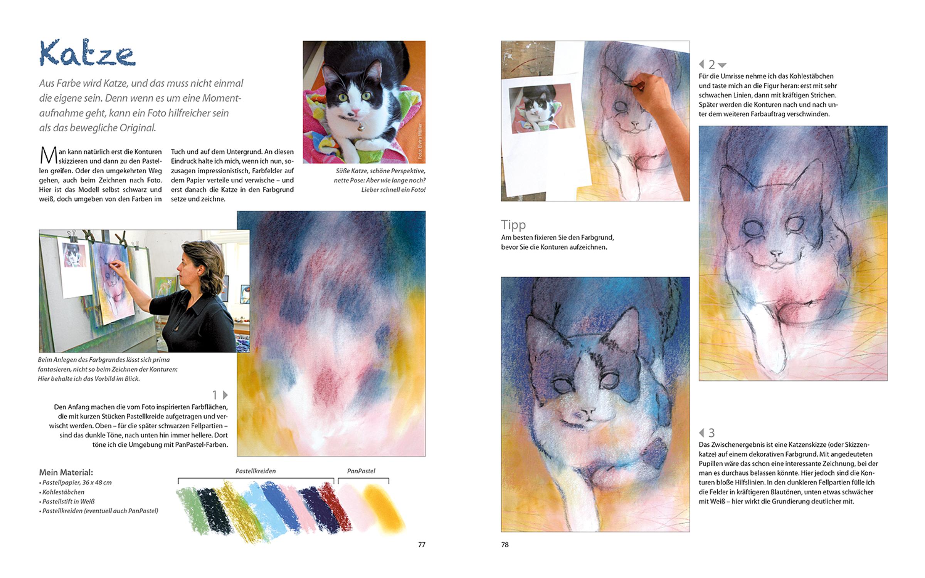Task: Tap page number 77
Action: click(x=422, y=544)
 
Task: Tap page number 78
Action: click(x=505, y=544)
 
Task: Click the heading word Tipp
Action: click(x=513, y=224)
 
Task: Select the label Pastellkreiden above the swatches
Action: click(x=256, y=471)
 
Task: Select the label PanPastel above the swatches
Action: click(x=361, y=471)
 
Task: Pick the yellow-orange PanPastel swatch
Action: click(x=383, y=508)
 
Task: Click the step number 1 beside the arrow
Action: click(x=215, y=395)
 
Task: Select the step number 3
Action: click(x=711, y=432)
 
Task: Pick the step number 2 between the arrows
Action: click(x=711, y=64)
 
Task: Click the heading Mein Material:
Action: click(x=66, y=472)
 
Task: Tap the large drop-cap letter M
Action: click(x=49, y=156)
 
